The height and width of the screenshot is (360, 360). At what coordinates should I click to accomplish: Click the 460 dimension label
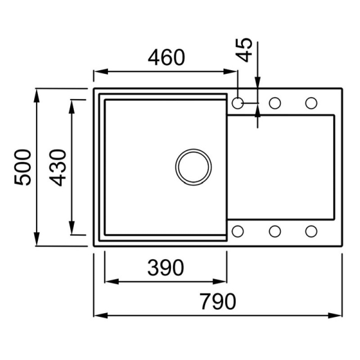coord(166,57)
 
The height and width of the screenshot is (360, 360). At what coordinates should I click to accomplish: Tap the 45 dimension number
coord(244,50)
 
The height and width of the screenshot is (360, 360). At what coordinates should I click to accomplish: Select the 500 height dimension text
coord(23,167)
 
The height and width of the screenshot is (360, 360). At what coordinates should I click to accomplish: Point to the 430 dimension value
coord(58,167)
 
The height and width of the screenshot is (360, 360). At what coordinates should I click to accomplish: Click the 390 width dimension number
coord(166,268)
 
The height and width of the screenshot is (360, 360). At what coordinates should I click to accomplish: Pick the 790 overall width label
coord(218,301)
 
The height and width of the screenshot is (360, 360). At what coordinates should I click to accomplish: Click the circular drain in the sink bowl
coord(194,167)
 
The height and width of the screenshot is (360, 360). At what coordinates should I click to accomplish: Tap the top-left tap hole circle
coord(238,103)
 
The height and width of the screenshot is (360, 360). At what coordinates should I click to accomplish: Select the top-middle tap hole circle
coord(275,103)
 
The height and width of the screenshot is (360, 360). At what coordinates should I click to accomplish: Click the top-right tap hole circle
coord(311,103)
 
